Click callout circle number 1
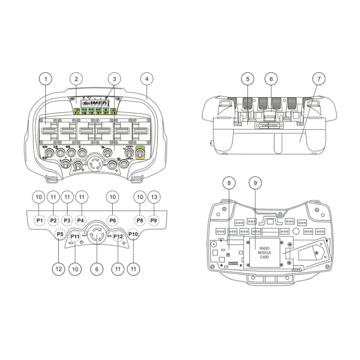click(46, 78)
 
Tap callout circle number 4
click(147, 78)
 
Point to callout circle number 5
click(247, 78)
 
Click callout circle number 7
click(317, 78)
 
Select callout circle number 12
click(59, 269)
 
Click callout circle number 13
click(154, 197)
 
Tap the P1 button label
click(40, 220)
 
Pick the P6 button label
click(112, 220)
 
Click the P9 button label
click(154, 220)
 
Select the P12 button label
click(119, 237)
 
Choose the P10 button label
click(133, 234)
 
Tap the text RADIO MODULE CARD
click(264, 252)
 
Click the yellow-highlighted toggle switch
click(141, 153)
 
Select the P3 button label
click(68, 220)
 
